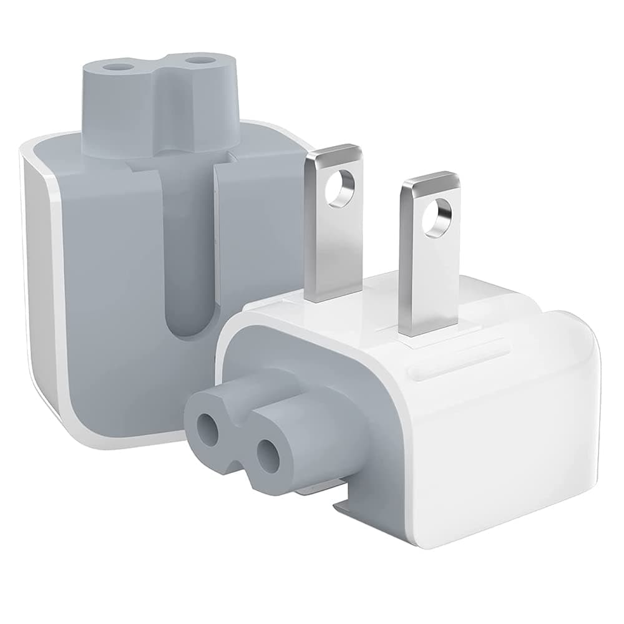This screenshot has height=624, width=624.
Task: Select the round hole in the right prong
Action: pyautogui.click(x=435, y=220)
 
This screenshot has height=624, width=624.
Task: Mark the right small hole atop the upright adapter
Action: pyautogui.click(x=200, y=61)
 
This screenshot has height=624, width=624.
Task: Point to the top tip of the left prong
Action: pyautogui.click(x=331, y=152)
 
